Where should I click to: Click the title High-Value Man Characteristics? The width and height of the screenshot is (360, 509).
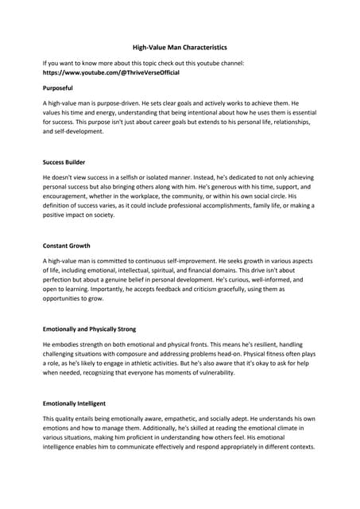[180, 47]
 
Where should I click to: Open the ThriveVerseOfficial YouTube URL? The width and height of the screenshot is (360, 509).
[111, 72]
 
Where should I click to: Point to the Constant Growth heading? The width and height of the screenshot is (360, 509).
[67, 246]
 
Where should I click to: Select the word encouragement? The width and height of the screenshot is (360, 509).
[75, 196]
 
